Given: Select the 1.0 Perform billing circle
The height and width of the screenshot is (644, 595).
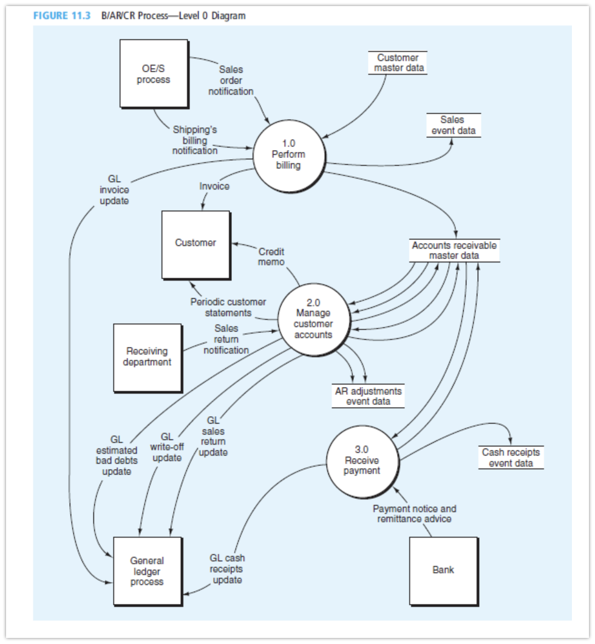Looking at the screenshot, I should (288, 154).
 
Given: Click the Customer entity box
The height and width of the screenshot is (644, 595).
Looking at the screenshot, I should (195, 243).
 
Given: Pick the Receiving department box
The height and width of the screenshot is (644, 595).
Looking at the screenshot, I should (147, 357).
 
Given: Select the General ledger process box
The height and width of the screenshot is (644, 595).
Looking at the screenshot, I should (147, 571).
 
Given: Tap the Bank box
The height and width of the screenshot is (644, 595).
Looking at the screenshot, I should (443, 570).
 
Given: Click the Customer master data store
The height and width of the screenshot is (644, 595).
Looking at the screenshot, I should (397, 63).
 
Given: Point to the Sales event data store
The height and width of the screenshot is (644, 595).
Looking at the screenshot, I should (453, 125).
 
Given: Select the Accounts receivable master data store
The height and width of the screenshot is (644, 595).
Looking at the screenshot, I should (454, 251).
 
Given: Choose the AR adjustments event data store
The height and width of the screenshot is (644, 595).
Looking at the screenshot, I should (368, 396).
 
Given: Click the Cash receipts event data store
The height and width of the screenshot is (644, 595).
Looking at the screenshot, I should (511, 457).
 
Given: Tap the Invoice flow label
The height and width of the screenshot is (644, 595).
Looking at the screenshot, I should (214, 187).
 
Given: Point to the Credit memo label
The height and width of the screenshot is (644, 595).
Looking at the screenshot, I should (271, 256).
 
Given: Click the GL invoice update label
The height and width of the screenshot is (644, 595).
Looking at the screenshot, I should (114, 190).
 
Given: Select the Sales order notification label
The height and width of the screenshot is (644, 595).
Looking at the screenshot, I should (231, 80).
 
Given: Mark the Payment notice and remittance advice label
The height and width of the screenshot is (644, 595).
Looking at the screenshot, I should (414, 514).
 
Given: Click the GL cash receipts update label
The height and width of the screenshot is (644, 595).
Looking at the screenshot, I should (227, 569).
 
